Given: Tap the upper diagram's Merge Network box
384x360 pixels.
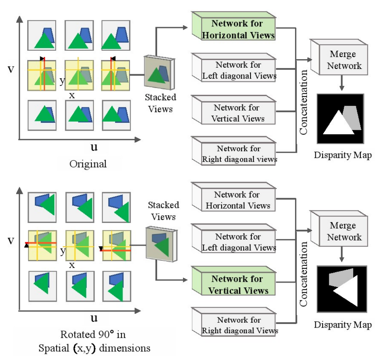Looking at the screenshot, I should point(342,60).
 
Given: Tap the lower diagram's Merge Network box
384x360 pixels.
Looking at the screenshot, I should point(342,231).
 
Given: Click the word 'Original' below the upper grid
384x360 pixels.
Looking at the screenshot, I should point(88,164).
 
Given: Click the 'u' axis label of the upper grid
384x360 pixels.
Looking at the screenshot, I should point(94,147).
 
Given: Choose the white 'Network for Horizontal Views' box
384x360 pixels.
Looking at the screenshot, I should point(237,200).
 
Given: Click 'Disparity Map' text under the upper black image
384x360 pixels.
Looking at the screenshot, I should point(342,156).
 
